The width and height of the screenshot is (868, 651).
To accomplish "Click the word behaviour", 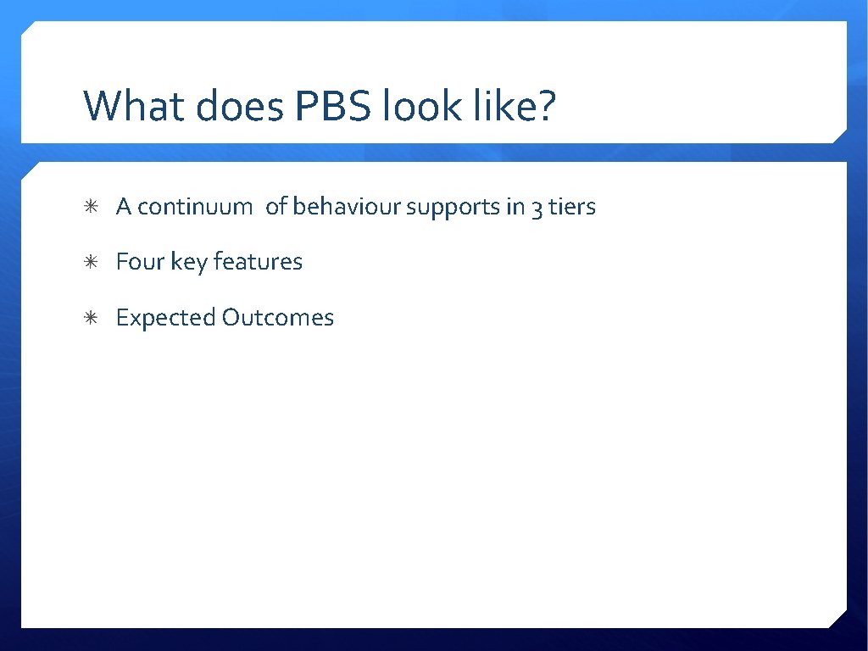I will (347, 207).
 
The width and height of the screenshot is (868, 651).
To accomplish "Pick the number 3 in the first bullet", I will (537, 208).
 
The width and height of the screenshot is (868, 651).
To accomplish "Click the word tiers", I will (572, 207).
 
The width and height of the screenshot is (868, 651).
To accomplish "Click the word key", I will (189, 262).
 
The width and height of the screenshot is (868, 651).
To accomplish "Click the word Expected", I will (165, 318).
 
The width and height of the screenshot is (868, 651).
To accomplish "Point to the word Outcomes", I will (278, 318).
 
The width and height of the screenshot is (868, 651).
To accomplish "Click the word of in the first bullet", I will (275, 207).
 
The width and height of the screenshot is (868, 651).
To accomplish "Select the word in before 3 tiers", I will (515, 207).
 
